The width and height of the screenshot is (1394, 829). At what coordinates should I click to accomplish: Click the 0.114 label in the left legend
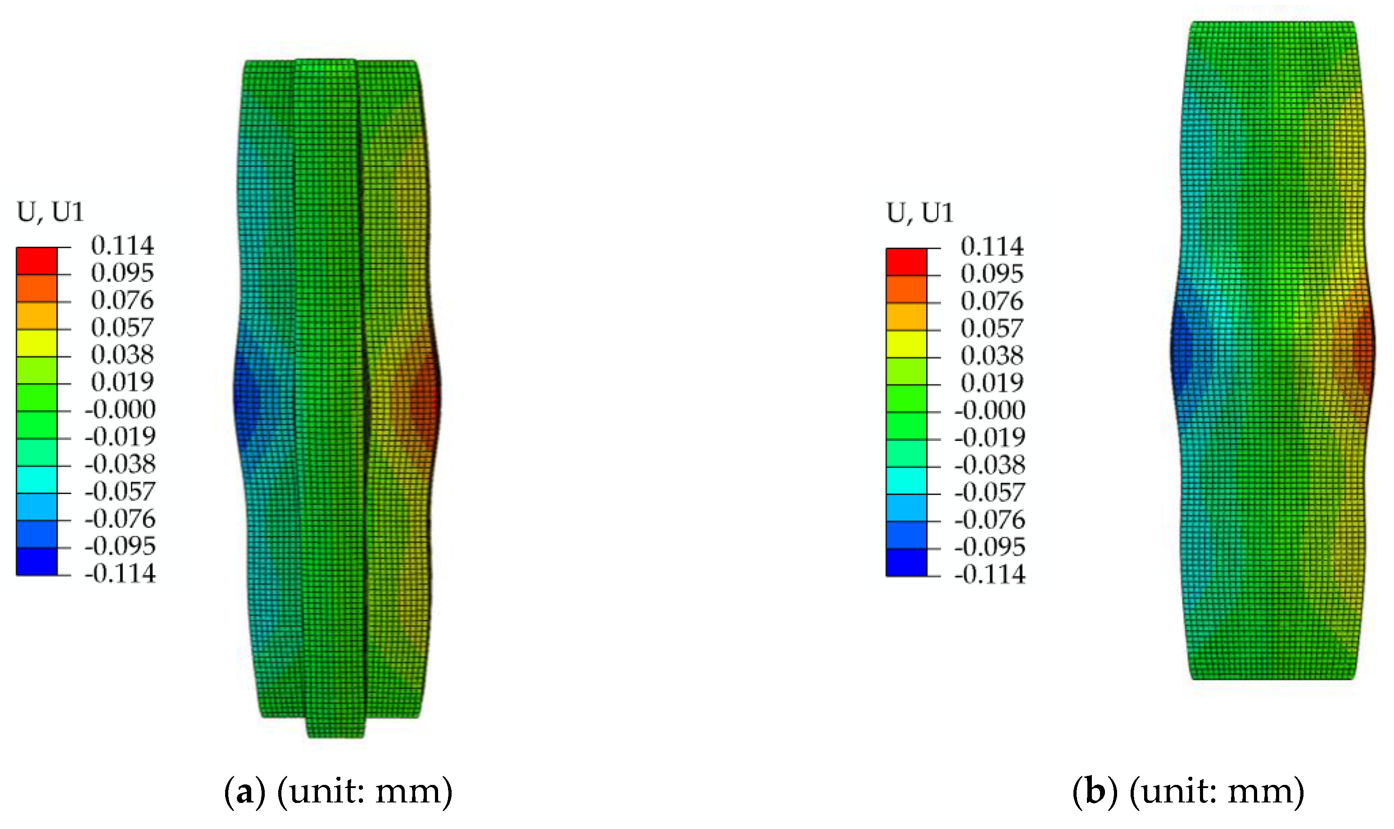point(122,245)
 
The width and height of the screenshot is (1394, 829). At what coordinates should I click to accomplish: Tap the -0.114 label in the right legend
point(990,574)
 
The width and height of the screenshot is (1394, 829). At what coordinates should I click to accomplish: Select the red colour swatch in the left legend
point(37,261)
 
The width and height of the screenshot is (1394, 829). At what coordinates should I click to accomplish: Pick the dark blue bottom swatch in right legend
point(906,563)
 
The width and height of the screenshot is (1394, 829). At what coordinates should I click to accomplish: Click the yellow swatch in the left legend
point(37,343)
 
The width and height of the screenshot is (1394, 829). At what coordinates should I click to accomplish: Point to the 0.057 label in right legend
point(992,328)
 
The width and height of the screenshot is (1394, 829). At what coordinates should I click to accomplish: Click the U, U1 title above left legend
point(50,212)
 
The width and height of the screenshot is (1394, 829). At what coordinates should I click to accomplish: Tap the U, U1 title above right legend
point(919,213)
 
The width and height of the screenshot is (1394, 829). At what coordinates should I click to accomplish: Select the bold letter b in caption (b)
point(1095,791)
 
